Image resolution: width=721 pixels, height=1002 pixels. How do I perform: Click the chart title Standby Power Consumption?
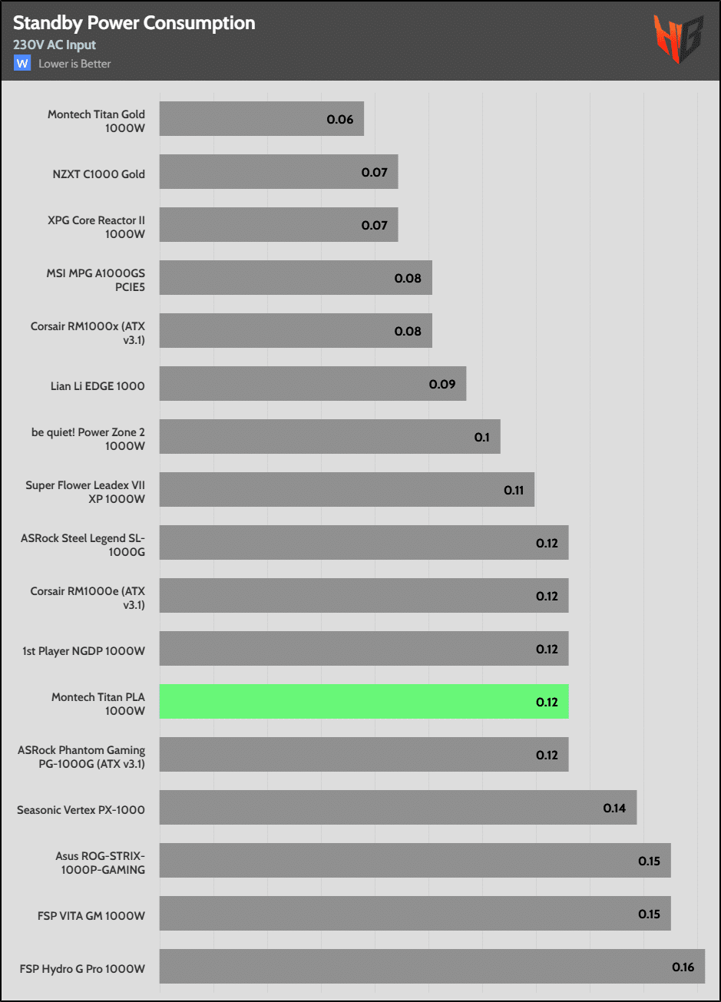coord(134,24)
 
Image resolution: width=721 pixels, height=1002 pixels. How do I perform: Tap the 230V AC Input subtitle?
coord(55,45)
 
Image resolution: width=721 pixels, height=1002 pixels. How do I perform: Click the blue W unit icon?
coord(21,64)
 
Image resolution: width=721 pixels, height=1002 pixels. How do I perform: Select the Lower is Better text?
coord(74,64)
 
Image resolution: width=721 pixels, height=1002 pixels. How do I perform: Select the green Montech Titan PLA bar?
coord(363,702)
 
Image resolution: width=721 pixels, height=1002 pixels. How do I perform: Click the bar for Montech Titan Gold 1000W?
coord(261,119)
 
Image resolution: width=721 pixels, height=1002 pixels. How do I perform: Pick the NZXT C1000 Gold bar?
coord(278,172)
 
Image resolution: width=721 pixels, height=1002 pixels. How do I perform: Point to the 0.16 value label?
coord(683,967)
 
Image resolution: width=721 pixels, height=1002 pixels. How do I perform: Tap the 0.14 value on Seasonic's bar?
coord(614,808)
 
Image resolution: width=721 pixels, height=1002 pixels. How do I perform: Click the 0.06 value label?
coord(340,119)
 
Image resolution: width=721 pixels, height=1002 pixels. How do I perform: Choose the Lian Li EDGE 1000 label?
coord(98,385)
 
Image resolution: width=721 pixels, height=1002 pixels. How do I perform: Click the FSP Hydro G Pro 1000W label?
coord(82,968)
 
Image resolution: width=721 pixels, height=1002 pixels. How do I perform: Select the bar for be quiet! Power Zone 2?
coord(329,437)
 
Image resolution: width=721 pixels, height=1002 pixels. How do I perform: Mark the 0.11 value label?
coord(514,490)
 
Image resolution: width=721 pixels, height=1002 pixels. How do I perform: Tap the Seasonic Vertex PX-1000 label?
coord(81,809)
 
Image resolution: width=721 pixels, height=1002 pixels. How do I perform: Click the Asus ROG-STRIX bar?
coord(415,861)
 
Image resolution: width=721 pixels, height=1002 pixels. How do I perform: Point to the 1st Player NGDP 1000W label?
coord(84,650)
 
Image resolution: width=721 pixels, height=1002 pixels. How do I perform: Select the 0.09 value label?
coord(442,384)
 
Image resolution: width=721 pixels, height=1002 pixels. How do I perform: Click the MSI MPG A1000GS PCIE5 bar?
coord(295,278)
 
